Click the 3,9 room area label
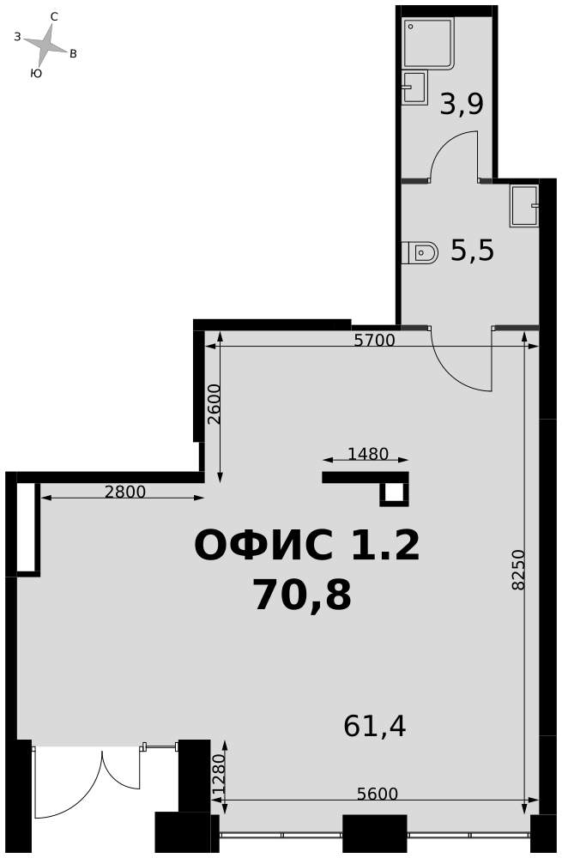(x=462, y=104)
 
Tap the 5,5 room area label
(x=472, y=251)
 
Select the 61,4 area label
(x=375, y=726)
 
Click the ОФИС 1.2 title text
(x=307, y=545)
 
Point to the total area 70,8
(x=301, y=595)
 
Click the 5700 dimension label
(x=374, y=341)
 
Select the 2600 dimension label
(x=214, y=404)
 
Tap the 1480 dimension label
(x=368, y=454)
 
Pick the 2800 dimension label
(x=125, y=492)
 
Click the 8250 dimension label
(x=517, y=570)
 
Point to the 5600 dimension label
(x=377, y=794)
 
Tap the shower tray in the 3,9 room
(x=428, y=44)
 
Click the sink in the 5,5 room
(x=524, y=206)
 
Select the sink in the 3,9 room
(x=414, y=88)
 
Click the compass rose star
(x=45, y=45)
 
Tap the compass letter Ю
(x=36, y=73)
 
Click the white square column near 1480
(x=394, y=492)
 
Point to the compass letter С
(x=54, y=16)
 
